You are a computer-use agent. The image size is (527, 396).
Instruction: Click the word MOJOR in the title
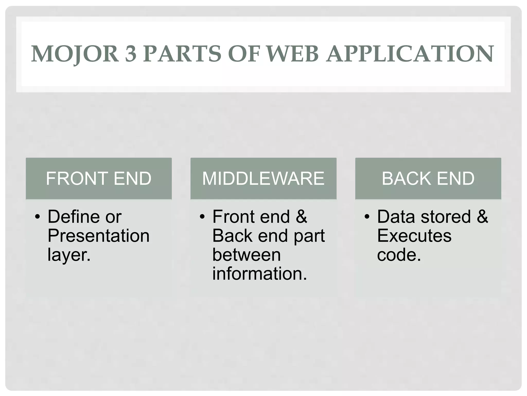point(75,54)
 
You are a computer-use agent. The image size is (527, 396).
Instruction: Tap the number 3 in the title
point(131,54)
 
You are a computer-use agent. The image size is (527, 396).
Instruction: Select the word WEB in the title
point(292,54)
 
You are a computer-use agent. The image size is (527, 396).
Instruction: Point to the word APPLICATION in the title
point(410,54)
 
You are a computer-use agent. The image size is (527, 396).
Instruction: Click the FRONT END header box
point(99,178)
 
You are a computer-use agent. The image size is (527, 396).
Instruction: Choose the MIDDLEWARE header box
point(263,178)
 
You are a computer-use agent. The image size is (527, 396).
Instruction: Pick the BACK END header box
point(428,178)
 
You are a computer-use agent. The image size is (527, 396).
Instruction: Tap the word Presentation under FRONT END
point(99,236)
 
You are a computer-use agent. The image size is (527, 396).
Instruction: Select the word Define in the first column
point(73,217)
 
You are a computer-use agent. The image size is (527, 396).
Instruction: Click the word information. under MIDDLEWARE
point(260,274)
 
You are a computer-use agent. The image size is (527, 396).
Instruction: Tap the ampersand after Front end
point(301,217)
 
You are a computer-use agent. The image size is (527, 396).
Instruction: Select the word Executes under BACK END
point(414,236)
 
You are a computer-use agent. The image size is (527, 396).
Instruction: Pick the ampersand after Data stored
point(482,217)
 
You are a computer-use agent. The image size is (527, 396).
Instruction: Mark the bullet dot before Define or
point(38,217)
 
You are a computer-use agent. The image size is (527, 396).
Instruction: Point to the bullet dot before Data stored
point(367,217)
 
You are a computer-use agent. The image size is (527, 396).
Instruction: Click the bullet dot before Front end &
point(202,217)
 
